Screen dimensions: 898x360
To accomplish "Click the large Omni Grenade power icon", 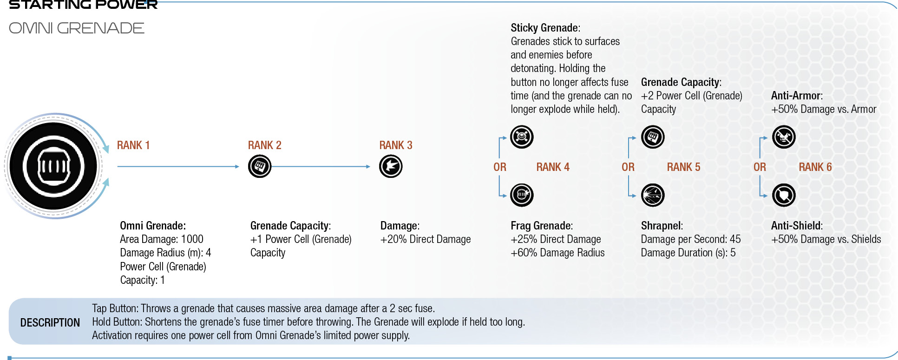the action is point(53,166).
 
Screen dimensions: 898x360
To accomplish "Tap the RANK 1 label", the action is point(133,145).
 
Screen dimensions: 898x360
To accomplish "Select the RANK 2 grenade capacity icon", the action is point(260,166).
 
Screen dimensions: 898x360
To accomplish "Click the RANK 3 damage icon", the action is point(391,166).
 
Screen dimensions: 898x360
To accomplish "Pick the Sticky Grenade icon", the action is point(522,137).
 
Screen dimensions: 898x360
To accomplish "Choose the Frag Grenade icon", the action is point(522,195).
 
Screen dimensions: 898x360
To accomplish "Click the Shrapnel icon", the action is point(653,195).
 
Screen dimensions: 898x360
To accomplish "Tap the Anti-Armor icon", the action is point(784,137).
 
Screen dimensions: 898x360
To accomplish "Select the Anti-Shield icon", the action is point(784,195).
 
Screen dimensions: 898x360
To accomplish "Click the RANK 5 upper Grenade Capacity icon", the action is point(653,137).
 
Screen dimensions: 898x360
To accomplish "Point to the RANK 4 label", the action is point(553,167).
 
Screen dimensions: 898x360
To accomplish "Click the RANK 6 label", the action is point(815,167).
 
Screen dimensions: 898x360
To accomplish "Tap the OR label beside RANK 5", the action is point(628,167).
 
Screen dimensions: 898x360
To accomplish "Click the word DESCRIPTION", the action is point(50,323).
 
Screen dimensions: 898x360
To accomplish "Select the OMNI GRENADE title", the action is point(77,28).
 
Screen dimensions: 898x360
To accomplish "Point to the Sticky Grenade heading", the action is point(545,28).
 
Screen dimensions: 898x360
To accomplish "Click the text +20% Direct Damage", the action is point(426,239).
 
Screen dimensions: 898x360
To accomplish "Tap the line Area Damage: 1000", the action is point(162,239).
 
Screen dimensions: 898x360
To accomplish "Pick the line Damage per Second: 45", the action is point(691,239).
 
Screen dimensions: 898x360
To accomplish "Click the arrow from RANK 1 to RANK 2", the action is point(178,166).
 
